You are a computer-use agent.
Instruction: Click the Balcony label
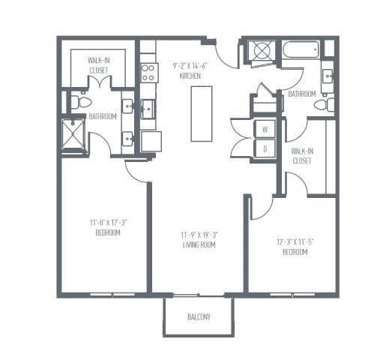[x=199, y=316]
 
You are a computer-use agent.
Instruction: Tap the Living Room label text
[x=198, y=244]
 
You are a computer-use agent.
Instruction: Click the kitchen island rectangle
[x=201, y=113]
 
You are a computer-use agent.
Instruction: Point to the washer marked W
[x=265, y=129]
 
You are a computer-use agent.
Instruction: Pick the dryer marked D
[x=265, y=148]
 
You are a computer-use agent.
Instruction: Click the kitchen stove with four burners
[x=148, y=72]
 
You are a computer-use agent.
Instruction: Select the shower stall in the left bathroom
[x=73, y=134]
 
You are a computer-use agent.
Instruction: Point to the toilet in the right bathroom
[x=324, y=105]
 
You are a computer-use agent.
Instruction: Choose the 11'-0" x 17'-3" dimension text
[x=104, y=222]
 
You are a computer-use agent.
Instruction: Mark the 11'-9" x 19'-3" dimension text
[x=198, y=235]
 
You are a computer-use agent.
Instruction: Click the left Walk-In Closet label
[x=98, y=64]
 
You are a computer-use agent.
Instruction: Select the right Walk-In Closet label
[x=302, y=155]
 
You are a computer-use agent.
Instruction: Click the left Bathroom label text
[x=103, y=116]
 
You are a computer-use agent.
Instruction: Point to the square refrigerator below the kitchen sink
[x=151, y=141]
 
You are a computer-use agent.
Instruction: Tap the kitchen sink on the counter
[x=148, y=109]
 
